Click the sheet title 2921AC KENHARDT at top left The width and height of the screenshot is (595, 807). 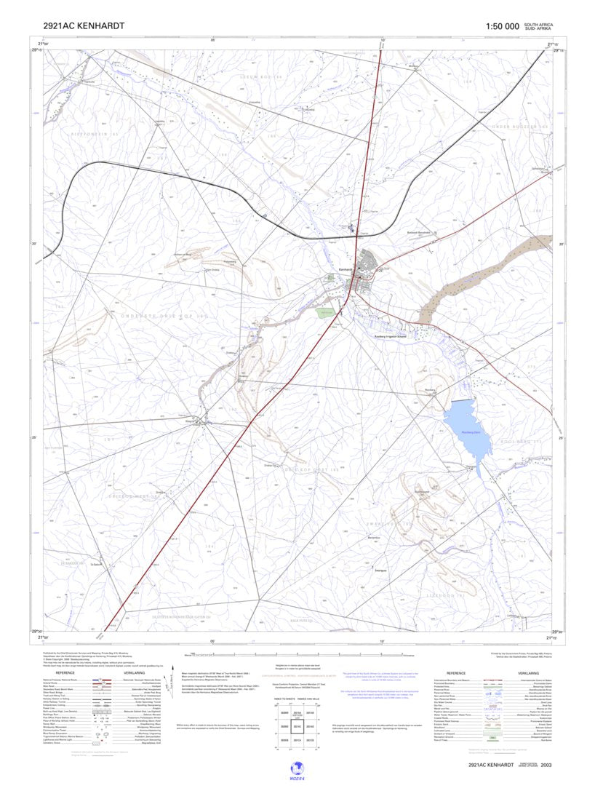coord(84,26)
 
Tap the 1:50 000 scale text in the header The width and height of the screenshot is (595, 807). coord(502,27)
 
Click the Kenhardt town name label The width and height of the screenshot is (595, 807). coord(346,270)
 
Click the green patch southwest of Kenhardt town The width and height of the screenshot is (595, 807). coord(325,312)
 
